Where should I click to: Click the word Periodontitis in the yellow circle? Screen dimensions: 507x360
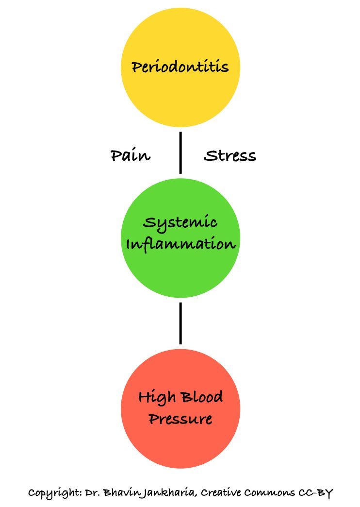180,67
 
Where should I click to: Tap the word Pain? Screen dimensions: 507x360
131,156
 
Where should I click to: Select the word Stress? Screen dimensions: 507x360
230,156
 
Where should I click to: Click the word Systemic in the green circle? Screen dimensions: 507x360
180,223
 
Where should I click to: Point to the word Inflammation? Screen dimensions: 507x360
180,243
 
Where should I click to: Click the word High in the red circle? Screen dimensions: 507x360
155,398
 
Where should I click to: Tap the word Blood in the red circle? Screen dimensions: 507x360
202,398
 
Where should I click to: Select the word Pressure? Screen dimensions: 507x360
180,419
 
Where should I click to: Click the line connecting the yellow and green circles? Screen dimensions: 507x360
180,152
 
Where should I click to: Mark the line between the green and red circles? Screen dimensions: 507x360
180,323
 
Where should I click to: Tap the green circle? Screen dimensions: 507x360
180,272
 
